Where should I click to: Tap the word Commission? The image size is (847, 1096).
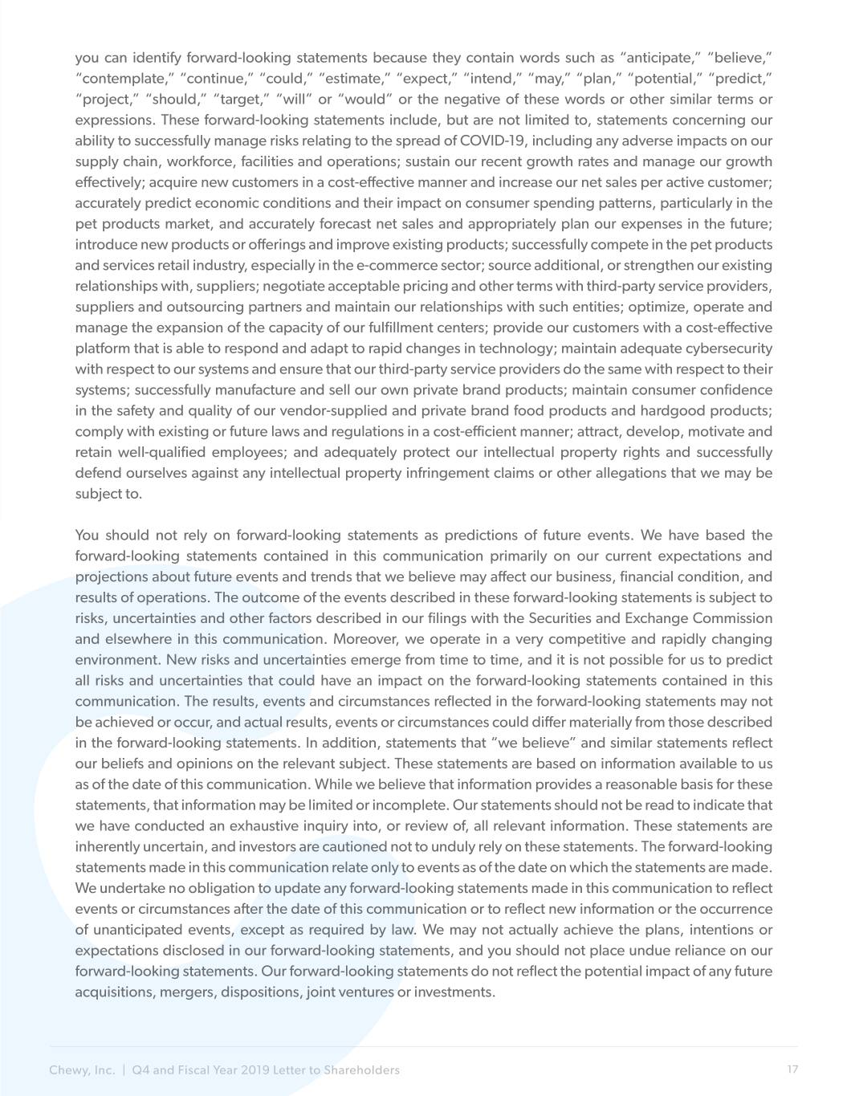coord(725,618)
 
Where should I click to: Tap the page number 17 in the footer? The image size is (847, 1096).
coord(792,1070)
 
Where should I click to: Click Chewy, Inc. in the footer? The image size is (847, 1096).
coord(82,1070)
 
